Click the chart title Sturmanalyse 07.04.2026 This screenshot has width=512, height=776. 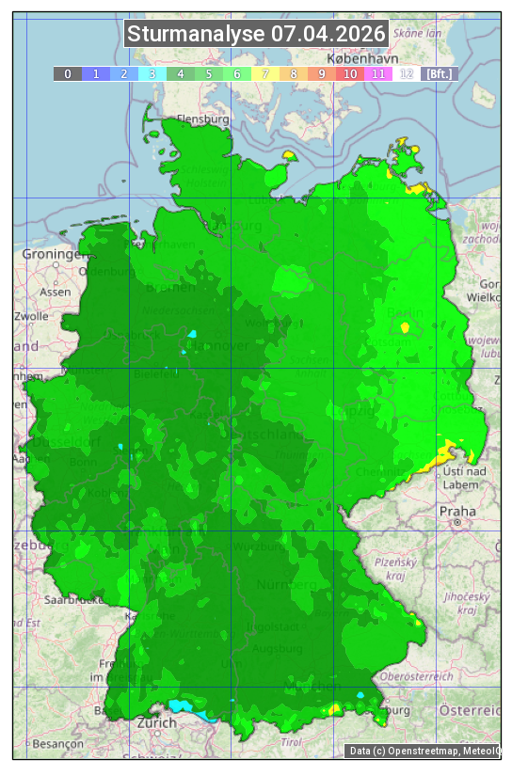click(256, 34)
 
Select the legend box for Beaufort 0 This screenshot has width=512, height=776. click(68, 73)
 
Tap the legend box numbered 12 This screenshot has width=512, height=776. click(407, 73)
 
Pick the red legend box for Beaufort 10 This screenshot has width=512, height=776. click(350, 73)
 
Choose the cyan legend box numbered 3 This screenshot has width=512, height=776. click(152, 73)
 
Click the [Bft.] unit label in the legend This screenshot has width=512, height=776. click(440, 73)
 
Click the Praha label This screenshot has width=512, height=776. click(456, 511)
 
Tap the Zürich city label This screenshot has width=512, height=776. click(156, 722)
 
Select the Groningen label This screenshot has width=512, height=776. click(50, 254)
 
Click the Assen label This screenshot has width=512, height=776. click(56, 292)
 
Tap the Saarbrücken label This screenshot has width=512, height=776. click(73, 599)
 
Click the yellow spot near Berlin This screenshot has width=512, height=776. click(406, 327)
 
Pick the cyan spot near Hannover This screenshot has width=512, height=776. click(193, 334)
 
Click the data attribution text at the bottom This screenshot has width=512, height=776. click(424, 751)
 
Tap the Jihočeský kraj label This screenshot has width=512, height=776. click(467, 603)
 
